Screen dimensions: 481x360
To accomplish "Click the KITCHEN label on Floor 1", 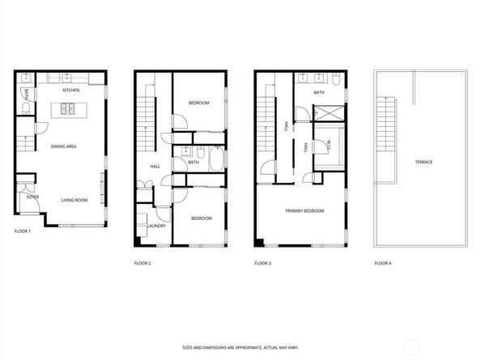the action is tap(71, 90).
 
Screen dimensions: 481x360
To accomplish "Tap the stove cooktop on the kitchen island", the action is tap(67, 108).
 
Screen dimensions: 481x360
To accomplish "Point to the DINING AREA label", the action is tap(63, 146).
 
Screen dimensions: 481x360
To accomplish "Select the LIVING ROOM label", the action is tap(74, 200).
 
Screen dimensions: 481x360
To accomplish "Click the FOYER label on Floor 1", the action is tap(32, 197).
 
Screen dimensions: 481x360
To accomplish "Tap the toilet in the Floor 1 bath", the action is tap(26, 108).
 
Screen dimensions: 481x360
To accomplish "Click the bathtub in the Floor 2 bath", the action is tap(216, 159).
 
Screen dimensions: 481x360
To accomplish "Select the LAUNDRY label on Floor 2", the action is tap(157, 226).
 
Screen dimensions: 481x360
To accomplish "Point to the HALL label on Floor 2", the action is tap(155, 167).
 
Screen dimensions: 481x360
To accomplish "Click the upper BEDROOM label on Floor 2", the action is tap(198, 103).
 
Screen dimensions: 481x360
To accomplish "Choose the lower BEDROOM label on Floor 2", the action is tap(202, 218).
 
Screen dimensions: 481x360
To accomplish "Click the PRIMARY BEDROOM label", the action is tap(304, 211).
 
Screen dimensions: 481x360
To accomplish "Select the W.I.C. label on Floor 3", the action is tap(329, 144).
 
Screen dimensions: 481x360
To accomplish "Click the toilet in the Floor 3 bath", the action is tap(336, 78).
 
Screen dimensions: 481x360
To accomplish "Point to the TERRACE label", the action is tap(424, 162).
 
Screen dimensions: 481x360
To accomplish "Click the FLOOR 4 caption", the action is tap(383, 263).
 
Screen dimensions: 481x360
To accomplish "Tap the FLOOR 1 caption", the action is tap(23, 231).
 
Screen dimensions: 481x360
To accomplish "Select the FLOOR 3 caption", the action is tap(262, 263).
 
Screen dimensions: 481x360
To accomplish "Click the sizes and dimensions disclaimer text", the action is tap(240, 348).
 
